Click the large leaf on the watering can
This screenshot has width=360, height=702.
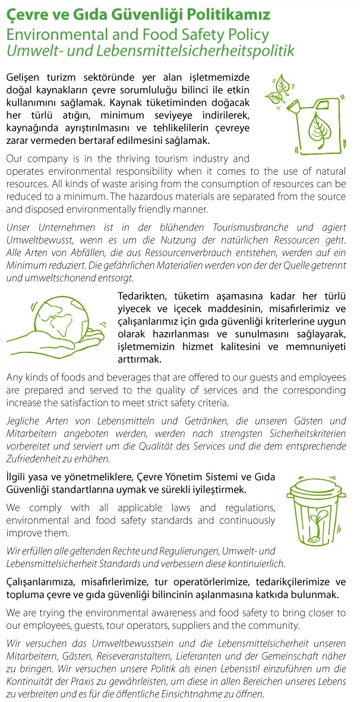(322, 128)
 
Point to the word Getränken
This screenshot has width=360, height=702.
(205, 421)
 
